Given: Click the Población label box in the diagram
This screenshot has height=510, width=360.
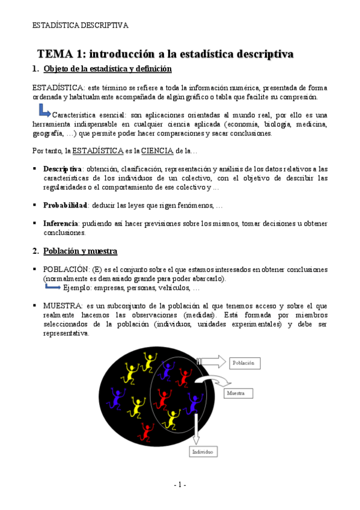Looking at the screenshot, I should [x=243, y=363].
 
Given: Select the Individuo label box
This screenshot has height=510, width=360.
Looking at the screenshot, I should [x=203, y=451].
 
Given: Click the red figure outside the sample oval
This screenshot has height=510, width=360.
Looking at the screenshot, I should [x=145, y=431].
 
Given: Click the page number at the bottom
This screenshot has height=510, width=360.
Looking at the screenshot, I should [x=180, y=485].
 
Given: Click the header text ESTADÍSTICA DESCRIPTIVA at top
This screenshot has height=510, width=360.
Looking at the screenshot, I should [x=81, y=25].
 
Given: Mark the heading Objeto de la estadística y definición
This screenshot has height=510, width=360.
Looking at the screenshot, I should [x=108, y=69].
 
